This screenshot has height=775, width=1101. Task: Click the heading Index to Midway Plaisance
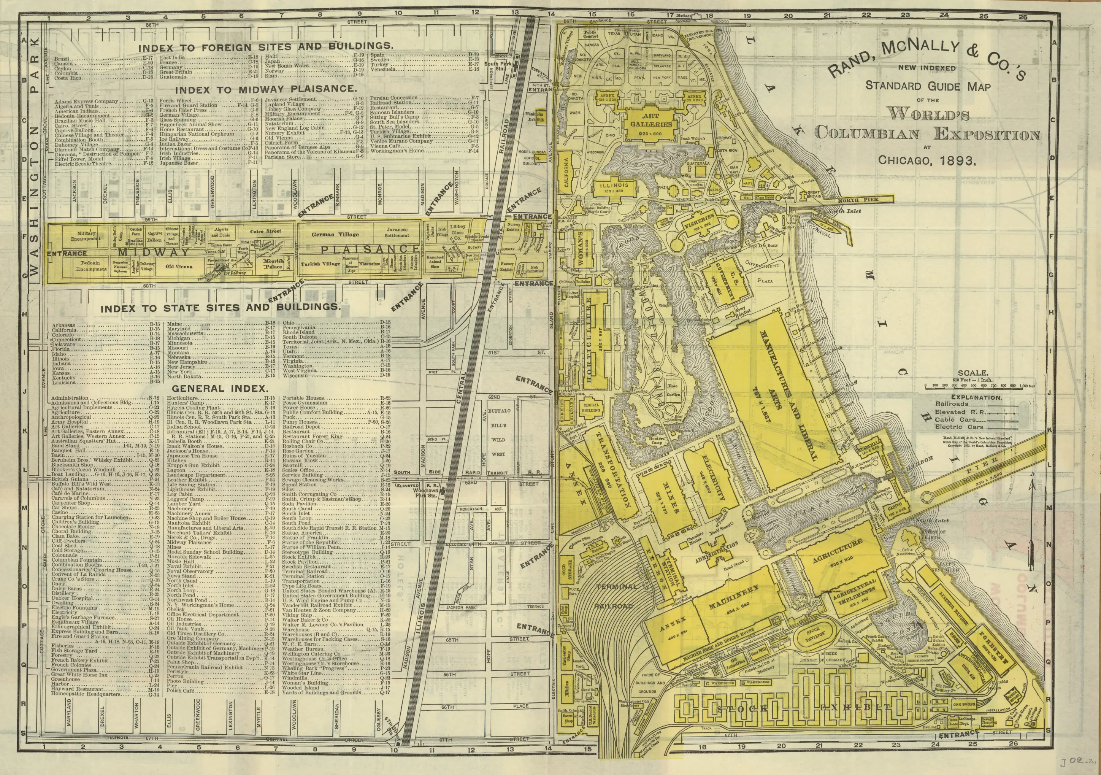(266, 90)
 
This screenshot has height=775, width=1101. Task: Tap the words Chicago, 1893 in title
(926, 160)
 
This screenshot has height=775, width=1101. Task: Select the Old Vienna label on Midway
(179, 266)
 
